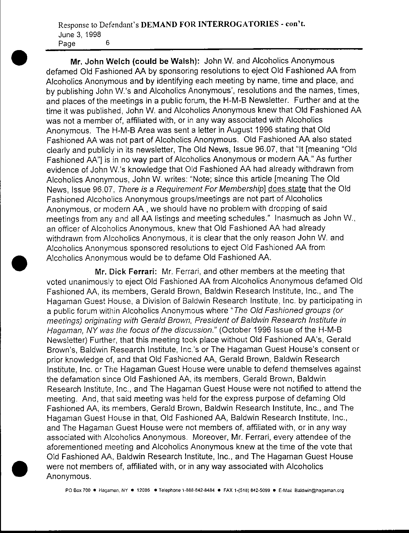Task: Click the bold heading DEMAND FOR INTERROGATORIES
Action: (x=210, y=25)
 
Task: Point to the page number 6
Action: (x=108, y=43)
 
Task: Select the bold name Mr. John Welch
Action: (x=99, y=61)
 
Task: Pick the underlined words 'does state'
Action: (x=287, y=189)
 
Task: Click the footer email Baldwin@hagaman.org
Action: (x=319, y=490)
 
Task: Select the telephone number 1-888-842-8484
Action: (x=196, y=490)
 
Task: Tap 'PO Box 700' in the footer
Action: (x=78, y=490)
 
